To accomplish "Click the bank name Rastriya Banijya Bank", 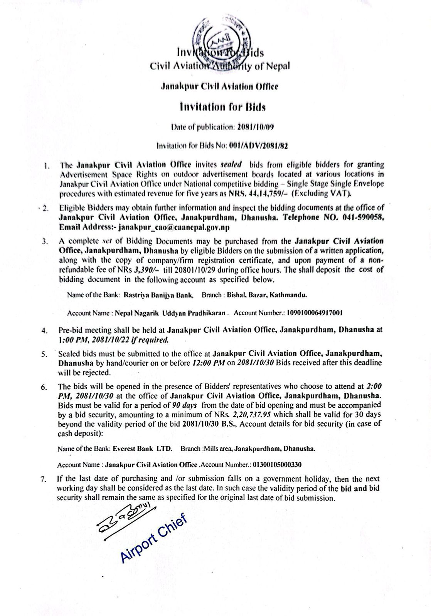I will (x=158, y=295).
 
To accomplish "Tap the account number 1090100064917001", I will (x=315, y=313).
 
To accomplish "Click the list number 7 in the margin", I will (x=44, y=479).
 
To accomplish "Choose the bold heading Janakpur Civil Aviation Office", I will (x=219, y=87).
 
